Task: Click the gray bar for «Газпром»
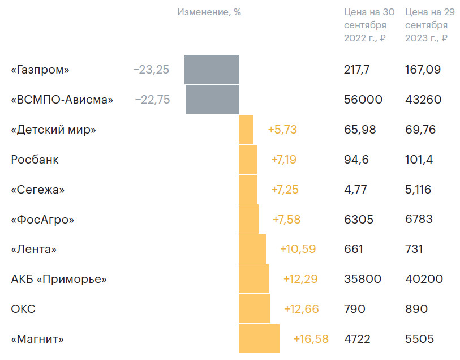click(212, 70)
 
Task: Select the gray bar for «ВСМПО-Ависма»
click(212, 100)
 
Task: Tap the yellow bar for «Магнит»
click(259, 339)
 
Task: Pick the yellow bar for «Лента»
click(252, 249)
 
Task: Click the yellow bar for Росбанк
click(248, 160)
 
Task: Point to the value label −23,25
click(151, 70)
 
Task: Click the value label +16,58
click(311, 339)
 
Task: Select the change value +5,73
click(282, 130)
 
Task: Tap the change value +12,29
click(300, 279)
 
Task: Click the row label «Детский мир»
click(53, 130)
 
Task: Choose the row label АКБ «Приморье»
click(59, 279)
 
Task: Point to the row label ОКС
click(23, 309)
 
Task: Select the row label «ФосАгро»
click(42, 219)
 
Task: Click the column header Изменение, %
click(209, 12)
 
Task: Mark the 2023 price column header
click(427, 25)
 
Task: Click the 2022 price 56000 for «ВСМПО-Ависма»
click(363, 100)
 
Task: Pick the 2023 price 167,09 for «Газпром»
click(423, 70)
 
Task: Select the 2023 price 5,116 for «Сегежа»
click(418, 190)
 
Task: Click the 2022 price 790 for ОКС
click(355, 309)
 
